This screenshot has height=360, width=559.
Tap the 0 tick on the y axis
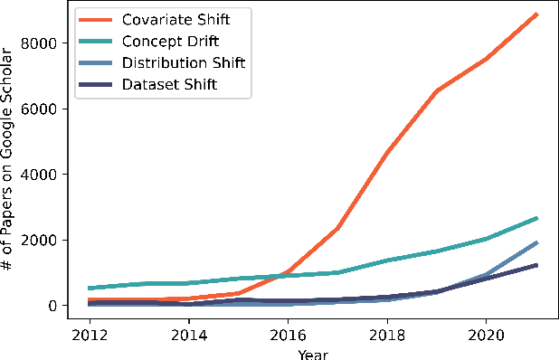[52, 306]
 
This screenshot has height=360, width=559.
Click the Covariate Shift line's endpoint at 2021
[537, 14]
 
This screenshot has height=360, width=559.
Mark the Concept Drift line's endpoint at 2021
[537, 218]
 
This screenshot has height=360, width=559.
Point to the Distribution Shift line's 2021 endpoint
[537, 242]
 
